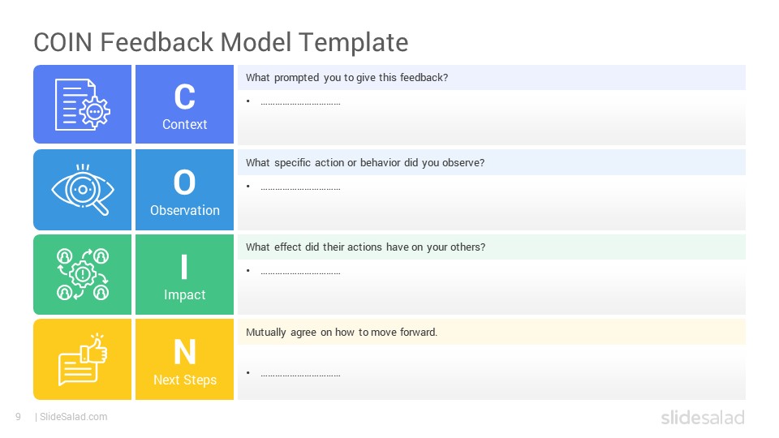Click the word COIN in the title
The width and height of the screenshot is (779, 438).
click(x=63, y=42)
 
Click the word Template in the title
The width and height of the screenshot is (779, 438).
click(x=354, y=43)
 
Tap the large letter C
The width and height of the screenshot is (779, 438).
click(x=184, y=97)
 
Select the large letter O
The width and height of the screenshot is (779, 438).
click(x=184, y=182)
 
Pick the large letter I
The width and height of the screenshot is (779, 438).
click(x=184, y=267)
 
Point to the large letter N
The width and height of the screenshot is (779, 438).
click(x=185, y=352)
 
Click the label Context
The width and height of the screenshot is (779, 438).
click(x=185, y=124)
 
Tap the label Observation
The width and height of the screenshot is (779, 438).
click(x=185, y=210)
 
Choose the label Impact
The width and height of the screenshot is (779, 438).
click(x=185, y=295)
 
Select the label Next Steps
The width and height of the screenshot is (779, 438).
click(x=185, y=380)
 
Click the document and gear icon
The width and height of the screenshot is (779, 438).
click(x=83, y=105)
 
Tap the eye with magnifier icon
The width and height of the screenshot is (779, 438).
click(x=83, y=190)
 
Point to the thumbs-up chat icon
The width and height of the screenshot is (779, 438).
click(x=83, y=359)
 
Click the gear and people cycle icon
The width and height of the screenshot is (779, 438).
click(x=83, y=274)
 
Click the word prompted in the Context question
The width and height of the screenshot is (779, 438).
click(x=297, y=78)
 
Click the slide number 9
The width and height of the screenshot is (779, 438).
click(x=19, y=417)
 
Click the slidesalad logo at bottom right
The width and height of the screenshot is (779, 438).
click(x=703, y=417)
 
